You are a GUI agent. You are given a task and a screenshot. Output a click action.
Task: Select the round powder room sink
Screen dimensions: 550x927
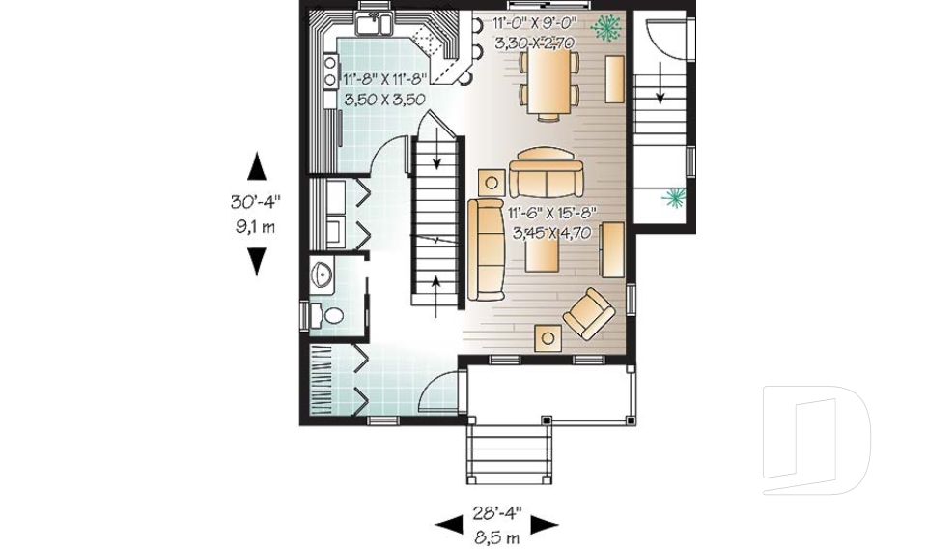(x=323, y=275)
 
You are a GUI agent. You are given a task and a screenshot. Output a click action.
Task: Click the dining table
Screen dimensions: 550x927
(x=548, y=80)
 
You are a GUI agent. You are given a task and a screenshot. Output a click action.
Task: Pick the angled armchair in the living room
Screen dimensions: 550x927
(x=589, y=313)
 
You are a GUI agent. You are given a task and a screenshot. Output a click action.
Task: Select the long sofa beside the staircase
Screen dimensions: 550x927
(x=486, y=248)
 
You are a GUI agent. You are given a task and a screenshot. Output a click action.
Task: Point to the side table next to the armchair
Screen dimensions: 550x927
(x=549, y=337)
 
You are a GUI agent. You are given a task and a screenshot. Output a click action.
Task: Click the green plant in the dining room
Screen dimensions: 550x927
(x=606, y=29)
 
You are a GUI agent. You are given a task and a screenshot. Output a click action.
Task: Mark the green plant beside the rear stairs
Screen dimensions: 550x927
(x=672, y=199)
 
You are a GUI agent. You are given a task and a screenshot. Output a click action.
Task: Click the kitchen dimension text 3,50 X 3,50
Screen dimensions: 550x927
(x=385, y=99)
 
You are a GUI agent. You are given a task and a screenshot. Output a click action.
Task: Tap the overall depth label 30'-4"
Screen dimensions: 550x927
(x=254, y=203)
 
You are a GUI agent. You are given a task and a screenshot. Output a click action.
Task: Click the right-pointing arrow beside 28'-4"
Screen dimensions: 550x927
(x=546, y=524)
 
